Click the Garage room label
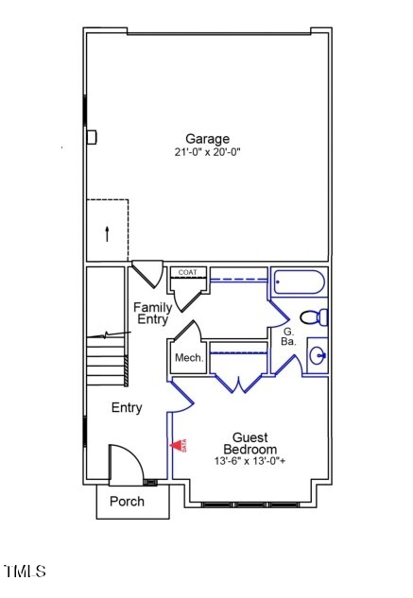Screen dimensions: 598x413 pyautogui.click(x=207, y=139)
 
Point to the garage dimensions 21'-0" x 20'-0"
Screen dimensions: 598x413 pyautogui.click(x=207, y=152)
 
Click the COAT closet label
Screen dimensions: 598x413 pyautogui.click(x=187, y=273)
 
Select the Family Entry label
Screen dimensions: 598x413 pyautogui.click(x=152, y=313)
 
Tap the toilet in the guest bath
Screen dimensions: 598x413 pyautogui.click(x=313, y=316)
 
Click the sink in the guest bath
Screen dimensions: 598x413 pyautogui.click(x=317, y=356)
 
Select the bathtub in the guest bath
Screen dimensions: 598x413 pyautogui.click(x=299, y=282)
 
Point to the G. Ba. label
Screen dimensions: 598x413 pyautogui.click(x=289, y=338)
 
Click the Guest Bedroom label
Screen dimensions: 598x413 pyautogui.click(x=250, y=444)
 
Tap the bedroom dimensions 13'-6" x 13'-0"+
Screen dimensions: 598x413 pyautogui.click(x=250, y=462)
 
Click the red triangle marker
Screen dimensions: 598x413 pyautogui.click(x=177, y=445)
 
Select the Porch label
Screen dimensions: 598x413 pyautogui.click(x=127, y=501)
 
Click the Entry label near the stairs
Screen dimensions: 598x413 pyautogui.click(x=127, y=408)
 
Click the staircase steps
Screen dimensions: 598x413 pyautogui.click(x=106, y=364)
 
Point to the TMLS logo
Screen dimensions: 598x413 pyautogui.click(x=25, y=572)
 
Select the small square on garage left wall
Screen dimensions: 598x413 pyautogui.click(x=92, y=137)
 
